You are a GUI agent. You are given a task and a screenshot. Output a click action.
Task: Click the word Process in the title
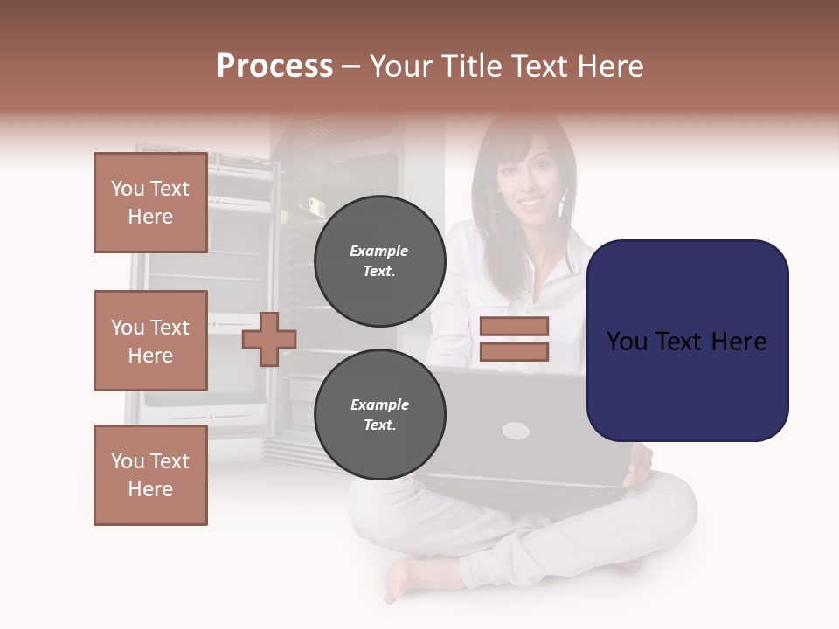274,66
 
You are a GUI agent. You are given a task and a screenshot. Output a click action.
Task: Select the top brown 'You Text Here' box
150,203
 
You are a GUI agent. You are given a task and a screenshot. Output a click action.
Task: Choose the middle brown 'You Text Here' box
150,341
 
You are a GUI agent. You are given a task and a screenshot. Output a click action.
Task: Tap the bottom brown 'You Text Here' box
150,475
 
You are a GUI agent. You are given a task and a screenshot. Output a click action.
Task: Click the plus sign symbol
269,339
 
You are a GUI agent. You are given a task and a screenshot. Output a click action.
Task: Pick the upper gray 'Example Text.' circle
379,261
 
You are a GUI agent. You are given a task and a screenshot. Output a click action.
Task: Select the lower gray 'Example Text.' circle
379,415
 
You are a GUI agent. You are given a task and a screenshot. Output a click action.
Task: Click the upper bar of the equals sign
514,326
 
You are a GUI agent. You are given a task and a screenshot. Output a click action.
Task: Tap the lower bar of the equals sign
514,352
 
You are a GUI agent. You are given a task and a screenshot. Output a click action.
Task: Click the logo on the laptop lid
516,430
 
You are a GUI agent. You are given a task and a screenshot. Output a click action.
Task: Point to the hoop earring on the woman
499,205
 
